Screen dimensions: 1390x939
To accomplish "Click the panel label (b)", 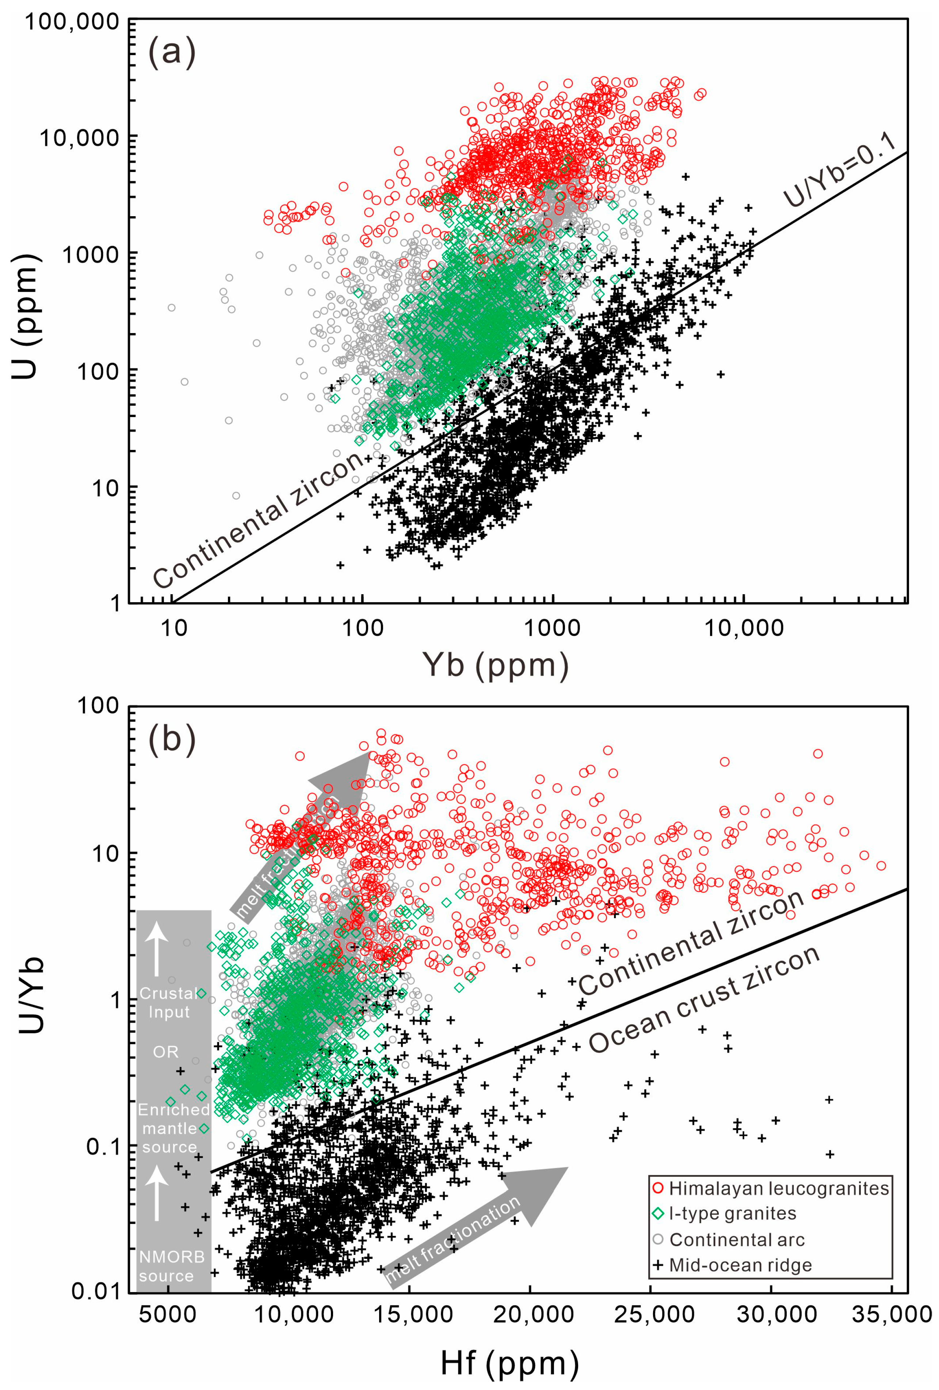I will tap(172, 740).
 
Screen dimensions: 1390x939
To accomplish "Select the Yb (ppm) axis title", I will tap(495, 664).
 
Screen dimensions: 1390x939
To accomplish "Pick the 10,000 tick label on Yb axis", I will tap(744, 629).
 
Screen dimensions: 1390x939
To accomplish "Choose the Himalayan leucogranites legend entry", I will tap(778, 1188).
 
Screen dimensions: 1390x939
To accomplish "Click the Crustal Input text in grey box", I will tap(169, 1003).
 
